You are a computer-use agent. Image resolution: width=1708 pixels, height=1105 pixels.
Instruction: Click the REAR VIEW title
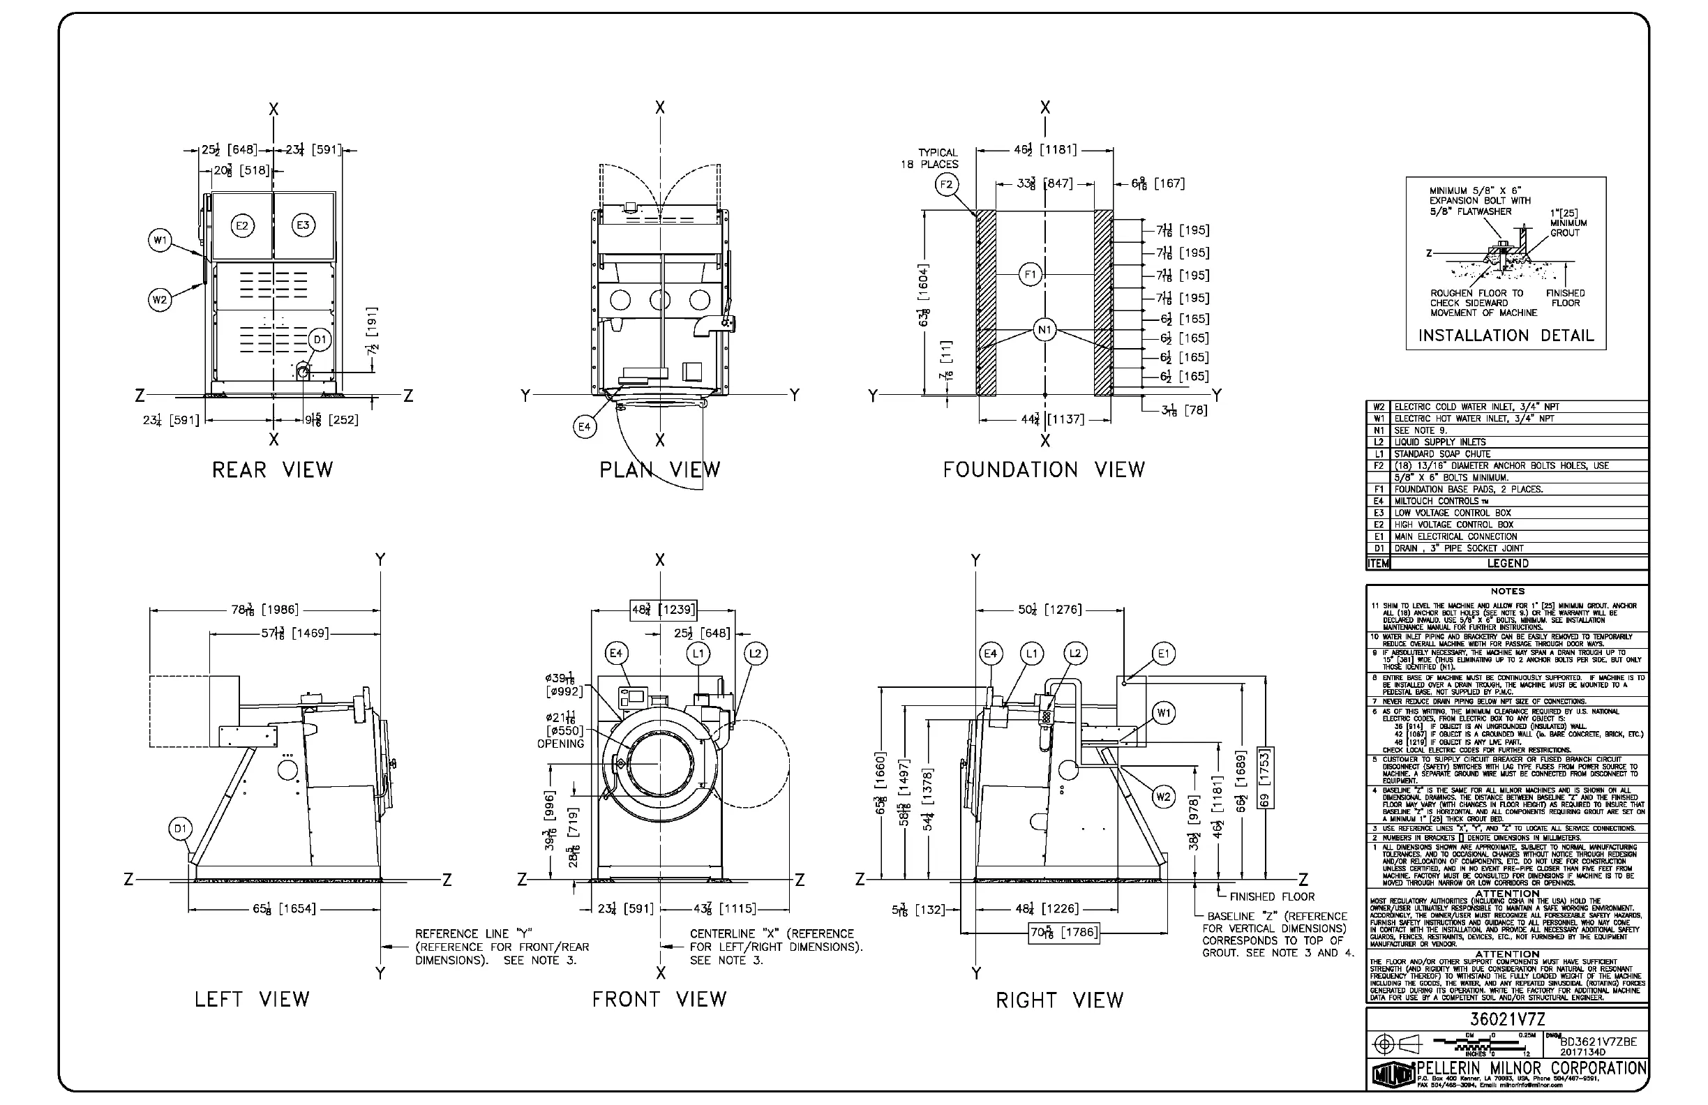[273, 470]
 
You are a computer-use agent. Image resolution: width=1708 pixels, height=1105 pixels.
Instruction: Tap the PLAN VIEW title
[659, 470]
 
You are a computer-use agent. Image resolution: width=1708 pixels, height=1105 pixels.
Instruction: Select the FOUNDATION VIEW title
[1044, 470]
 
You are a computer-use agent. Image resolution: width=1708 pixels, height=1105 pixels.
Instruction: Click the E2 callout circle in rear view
[242, 225]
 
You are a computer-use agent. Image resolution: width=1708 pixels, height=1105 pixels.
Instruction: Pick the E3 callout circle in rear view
[303, 225]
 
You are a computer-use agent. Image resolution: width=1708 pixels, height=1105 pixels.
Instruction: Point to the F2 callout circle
[947, 184]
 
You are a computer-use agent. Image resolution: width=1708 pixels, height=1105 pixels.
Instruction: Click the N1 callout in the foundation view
[1044, 330]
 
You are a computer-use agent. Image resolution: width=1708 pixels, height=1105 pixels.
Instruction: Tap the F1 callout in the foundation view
[1030, 274]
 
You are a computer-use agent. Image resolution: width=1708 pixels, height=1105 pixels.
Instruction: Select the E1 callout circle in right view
[1163, 653]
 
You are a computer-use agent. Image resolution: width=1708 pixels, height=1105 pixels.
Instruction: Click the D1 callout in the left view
[180, 829]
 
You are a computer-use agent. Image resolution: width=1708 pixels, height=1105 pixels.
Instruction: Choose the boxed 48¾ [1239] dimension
[663, 610]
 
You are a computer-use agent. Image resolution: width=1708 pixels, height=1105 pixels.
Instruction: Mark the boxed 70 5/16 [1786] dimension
[1063, 933]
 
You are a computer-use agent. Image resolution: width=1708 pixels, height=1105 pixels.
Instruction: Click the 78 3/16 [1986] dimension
[265, 610]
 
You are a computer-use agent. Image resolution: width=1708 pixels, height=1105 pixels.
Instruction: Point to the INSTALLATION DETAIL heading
[1506, 336]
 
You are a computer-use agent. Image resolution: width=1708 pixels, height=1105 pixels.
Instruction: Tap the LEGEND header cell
[1507, 563]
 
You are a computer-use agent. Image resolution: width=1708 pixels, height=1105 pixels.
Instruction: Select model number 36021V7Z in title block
[1506, 1020]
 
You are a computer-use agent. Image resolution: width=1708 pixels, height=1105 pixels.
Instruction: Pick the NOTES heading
[1507, 592]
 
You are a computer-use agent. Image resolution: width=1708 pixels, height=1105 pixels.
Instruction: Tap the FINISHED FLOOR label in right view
[1272, 897]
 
